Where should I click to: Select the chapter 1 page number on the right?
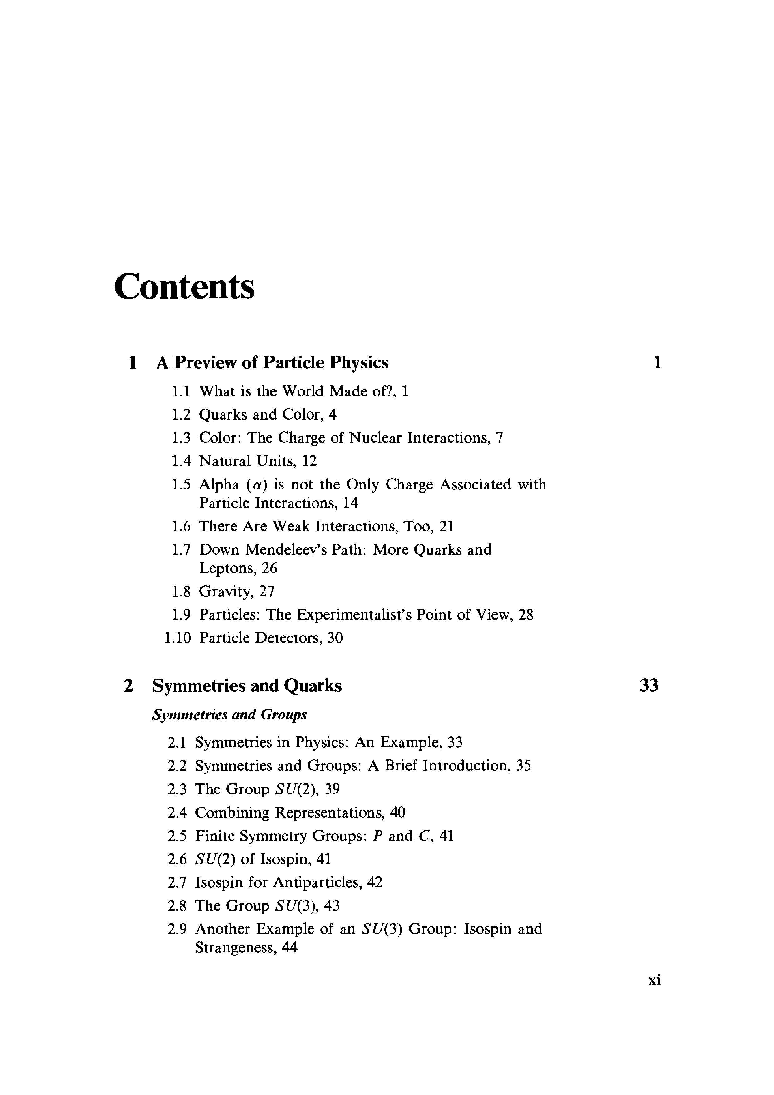657,363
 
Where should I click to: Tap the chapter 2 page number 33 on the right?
648,686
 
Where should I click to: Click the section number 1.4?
181,461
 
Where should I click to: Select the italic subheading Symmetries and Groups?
229,714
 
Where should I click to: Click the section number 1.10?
177,638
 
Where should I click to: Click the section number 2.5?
177,836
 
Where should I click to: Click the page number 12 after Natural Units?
309,461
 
